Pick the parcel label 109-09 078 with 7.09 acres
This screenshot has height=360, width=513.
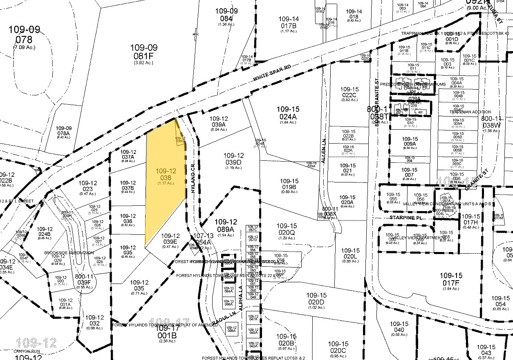tap(26, 35)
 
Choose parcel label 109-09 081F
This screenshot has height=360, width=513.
tap(143, 52)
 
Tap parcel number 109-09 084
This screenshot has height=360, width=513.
tap(226, 15)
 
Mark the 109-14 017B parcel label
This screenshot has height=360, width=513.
tap(289, 23)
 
